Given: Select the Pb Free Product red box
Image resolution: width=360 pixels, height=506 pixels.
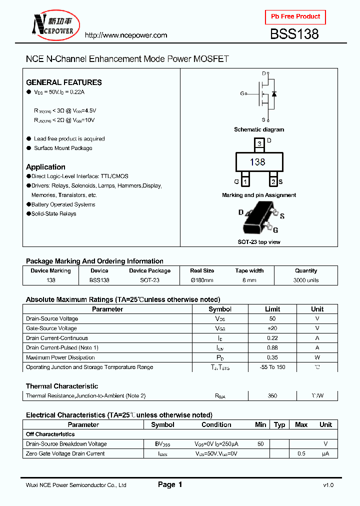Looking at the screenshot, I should pyautogui.click(x=295, y=16).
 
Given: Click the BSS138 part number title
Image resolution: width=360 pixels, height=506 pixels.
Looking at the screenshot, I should pyautogui.click(x=294, y=34).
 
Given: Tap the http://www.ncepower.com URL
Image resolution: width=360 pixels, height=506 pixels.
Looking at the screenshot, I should pyautogui.click(x=125, y=35).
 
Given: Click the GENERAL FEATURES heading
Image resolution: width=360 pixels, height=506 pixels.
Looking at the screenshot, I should pyautogui.click(x=63, y=82).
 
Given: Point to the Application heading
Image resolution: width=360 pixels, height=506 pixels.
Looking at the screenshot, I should pyautogui.click(x=45, y=167).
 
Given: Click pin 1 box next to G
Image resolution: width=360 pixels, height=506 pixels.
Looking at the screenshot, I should pyautogui.click(x=245, y=181).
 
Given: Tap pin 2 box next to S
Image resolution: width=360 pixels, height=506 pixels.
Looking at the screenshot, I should pyautogui.click(x=273, y=181).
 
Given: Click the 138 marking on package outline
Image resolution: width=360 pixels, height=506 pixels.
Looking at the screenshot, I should pyautogui.click(x=257, y=162).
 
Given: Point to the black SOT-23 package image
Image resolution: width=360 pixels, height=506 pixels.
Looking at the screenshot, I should pyautogui.click(x=258, y=218).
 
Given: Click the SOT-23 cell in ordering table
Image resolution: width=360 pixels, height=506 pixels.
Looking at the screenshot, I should pyautogui.click(x=149, y=280).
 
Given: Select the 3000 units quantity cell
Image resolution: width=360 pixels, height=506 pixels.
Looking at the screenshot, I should pyautogui.click(x=305, y=280).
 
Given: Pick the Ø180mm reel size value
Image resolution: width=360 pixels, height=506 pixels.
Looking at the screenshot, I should pyautogui.click(x=202, y=280).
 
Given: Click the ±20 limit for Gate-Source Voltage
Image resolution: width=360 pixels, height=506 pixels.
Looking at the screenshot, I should pyautogui.click(x=272, y=328).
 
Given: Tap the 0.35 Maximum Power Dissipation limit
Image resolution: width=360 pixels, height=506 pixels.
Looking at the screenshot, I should pyautogui.click(x=272, y=357).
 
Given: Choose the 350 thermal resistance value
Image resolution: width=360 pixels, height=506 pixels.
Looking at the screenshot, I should pyautogui.click(x=272, y=396).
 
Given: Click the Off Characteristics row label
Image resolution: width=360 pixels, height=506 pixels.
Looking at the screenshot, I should pyautogui.click(x=50, y=434).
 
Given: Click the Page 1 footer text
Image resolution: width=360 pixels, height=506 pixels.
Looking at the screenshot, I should pyautogui.click(x=170, y=484).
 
